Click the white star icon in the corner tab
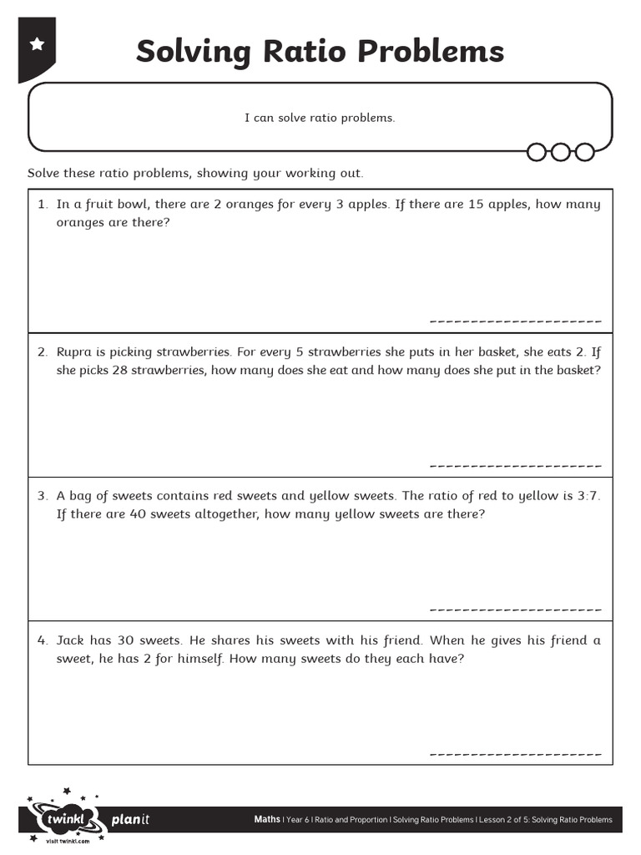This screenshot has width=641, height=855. [x=37, y=44]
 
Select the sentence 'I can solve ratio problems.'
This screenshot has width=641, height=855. [x=320, y=118]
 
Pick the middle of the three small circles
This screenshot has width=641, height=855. [x=560, y=152]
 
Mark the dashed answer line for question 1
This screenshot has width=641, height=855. [x=515, y=321]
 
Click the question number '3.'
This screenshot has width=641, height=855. [x=43, y=496]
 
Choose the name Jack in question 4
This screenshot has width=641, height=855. [x=72, y=640]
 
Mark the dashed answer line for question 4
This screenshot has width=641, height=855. [x=515, y=754]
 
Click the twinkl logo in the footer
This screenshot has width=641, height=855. [x=62, y=820]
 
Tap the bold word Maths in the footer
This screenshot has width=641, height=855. [x=267, y=820]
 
